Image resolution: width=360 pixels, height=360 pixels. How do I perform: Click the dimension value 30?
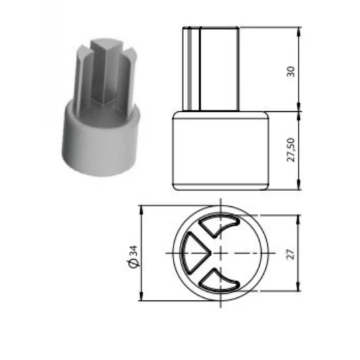291,71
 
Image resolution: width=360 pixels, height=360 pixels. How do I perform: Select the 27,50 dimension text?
291,150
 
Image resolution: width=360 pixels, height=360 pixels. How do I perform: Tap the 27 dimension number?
291,254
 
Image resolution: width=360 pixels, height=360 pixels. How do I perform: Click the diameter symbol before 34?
134,263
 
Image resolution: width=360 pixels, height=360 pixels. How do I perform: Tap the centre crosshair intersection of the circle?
221,253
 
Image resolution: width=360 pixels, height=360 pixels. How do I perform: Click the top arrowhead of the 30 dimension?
298,31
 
